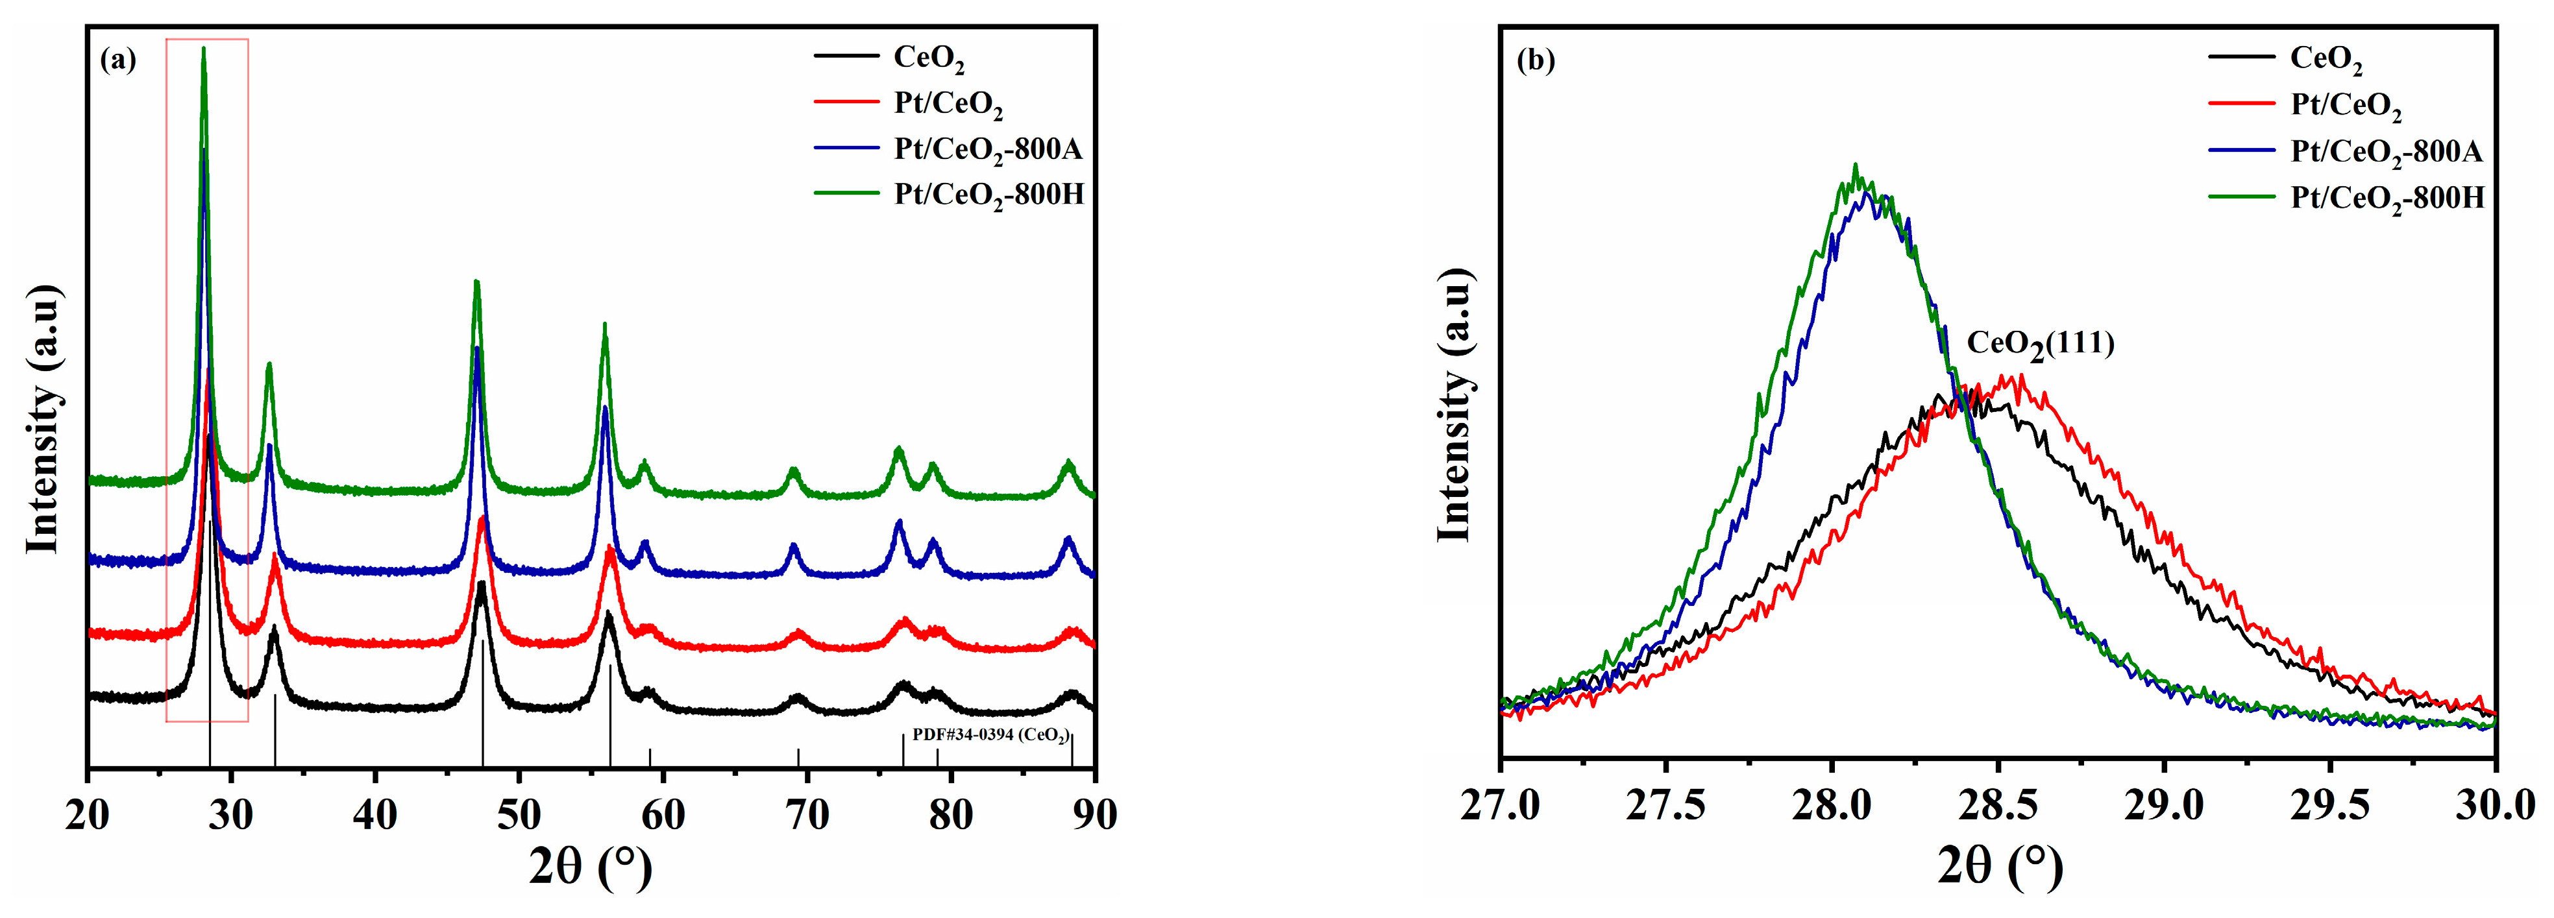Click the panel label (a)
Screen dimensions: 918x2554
tap(118, 60)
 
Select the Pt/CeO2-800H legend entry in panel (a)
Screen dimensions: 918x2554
tap(987, 195)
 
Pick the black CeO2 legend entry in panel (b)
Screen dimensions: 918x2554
tap(2325, 58)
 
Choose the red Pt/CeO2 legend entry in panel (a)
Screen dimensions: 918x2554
tap(947, 104)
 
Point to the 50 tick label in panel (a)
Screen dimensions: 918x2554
tap(519, 814)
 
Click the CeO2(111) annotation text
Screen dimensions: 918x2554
tap(2039, 344)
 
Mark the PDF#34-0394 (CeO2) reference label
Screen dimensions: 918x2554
tap(990, 736)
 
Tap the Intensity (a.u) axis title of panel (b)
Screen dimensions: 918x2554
tap(1453, 404)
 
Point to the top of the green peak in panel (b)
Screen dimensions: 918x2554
tap(1855, 165)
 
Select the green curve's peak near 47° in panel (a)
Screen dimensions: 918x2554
tap(477, 283)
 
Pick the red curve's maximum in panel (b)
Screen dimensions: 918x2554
tap(2020, 376)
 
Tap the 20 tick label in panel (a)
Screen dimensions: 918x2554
tap(89, 814)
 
